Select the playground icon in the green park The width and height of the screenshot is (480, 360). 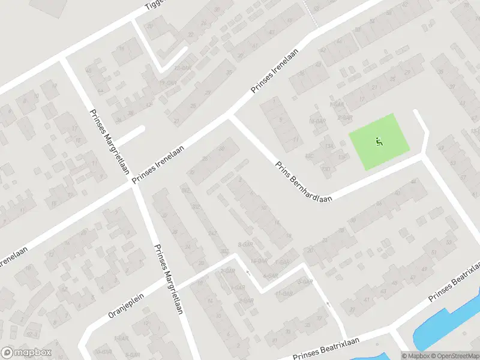[379, 142]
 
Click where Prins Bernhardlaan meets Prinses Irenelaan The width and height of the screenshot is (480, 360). [230, 116]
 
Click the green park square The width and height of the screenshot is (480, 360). [380, 141]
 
